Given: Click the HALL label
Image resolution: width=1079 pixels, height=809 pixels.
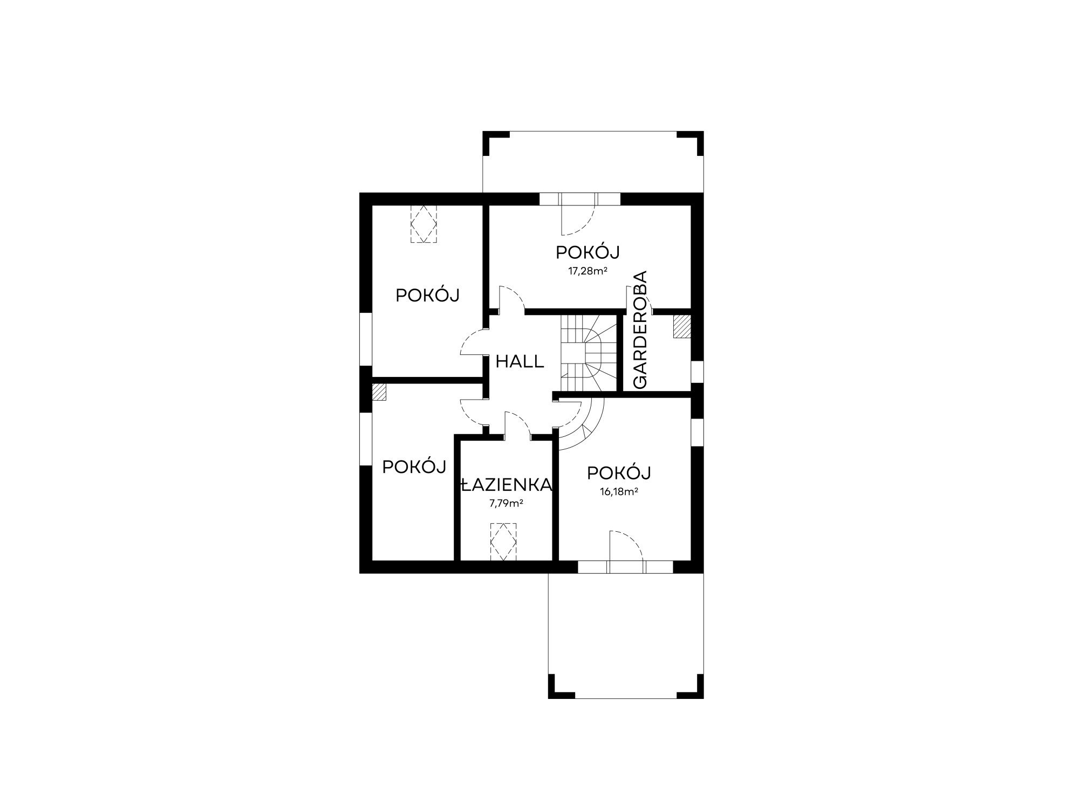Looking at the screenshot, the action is point(520,361).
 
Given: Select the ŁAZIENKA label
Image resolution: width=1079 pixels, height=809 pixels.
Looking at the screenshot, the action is point(507,485).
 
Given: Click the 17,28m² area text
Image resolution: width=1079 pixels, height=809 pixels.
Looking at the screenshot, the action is point(588,271).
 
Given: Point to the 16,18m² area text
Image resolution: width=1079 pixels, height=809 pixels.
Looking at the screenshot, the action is point(619,492).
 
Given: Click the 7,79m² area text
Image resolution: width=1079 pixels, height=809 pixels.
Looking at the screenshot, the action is point(506,504).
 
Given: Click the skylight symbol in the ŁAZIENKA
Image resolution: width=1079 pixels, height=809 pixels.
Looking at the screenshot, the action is point(503,541).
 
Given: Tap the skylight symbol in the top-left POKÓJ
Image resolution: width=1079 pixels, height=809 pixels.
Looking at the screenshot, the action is point(424,224).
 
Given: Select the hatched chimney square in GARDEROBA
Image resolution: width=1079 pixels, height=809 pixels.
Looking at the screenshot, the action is point(682,326).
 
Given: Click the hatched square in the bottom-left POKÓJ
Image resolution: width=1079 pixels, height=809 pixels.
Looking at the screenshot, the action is point(379,392).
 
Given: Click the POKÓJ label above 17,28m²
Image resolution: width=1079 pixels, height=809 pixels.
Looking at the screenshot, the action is point(588,252).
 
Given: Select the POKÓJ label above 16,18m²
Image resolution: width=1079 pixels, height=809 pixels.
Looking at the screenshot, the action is point(619,473).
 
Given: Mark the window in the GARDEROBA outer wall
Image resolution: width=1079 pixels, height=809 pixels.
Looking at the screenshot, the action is point(697,372).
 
